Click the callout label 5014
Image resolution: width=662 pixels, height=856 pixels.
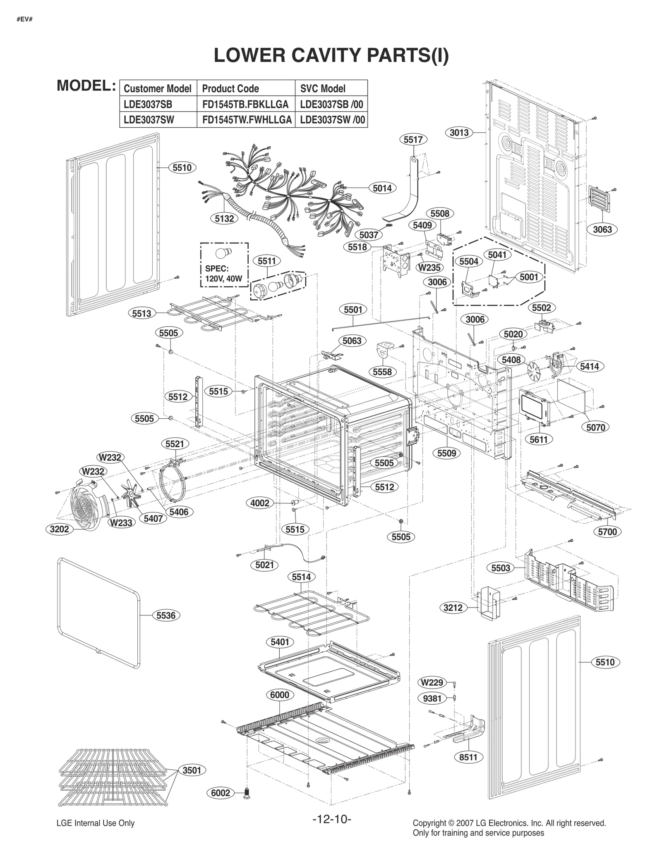point(382,188)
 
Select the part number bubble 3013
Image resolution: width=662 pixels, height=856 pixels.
point(459,133)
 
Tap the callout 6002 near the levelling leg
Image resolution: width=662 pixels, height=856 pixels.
point(220,793)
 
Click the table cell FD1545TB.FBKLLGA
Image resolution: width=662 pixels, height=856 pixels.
point(245,104)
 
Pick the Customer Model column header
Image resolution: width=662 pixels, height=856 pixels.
point(158,88)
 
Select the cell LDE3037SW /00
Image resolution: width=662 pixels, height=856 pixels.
point(332,120)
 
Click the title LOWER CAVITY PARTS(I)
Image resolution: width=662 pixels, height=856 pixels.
point(331,55)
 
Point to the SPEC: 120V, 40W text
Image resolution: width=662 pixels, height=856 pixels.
point(223,273)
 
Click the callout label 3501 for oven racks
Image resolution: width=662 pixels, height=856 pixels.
point(192,770)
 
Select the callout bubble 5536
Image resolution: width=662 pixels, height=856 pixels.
point(166,615)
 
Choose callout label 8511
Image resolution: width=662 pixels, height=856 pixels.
point(468,757)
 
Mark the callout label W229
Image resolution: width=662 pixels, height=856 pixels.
point(432,682)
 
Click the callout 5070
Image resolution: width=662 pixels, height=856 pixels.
point(595,427)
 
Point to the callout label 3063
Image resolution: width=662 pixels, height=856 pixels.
point(602,229)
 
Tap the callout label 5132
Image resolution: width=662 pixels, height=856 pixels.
point(224,219)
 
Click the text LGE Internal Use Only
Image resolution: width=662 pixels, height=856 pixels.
point(95,823)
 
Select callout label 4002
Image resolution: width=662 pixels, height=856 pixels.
point(260,503)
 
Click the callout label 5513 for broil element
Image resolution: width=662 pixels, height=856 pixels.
point(142,313)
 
